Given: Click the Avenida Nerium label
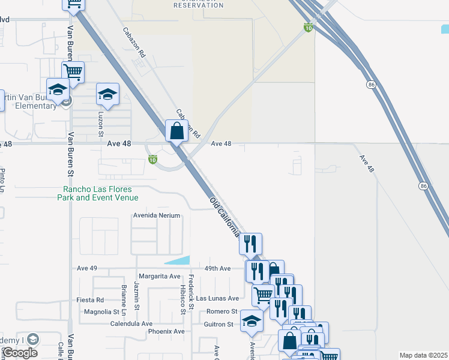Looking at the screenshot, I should [x=157, y=215].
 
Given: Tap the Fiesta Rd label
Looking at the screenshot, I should [x=91, y=299].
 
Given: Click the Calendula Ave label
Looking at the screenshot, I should [x=131, y=323].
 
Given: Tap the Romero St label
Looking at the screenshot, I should [x=222, y=311].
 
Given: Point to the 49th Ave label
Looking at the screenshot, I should [x=217, y=268].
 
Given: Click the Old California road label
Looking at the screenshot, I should [x=225, y=217].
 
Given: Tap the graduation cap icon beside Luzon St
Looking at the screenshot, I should [x=108, y=94].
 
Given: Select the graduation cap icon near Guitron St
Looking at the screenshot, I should [x=252, y=321].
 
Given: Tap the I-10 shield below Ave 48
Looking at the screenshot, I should [x=152, y=160].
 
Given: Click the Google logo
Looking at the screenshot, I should [x=20, y=353].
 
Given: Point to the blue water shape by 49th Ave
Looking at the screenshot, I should [x=178, y=260].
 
